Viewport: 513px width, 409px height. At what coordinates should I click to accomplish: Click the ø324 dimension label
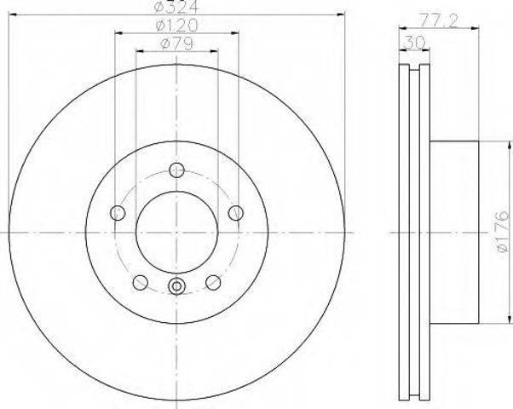[x=176, y=7]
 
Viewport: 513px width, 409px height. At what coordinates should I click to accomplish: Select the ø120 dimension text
[x=176, y=26]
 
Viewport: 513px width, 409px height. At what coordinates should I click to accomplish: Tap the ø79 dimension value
[x=176, y=43]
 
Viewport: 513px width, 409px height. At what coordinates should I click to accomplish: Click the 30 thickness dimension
[x=414, y=43]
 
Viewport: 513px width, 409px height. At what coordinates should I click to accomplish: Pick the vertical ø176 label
[x=503, y=232]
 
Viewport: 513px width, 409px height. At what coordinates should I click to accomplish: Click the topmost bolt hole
[x=176, y=170]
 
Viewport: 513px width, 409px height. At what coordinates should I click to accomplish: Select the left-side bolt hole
[x=118, y=213]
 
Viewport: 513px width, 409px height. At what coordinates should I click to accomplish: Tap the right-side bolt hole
[x=235, y=213]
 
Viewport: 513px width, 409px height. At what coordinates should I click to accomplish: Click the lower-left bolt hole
[x=141, y=282]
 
